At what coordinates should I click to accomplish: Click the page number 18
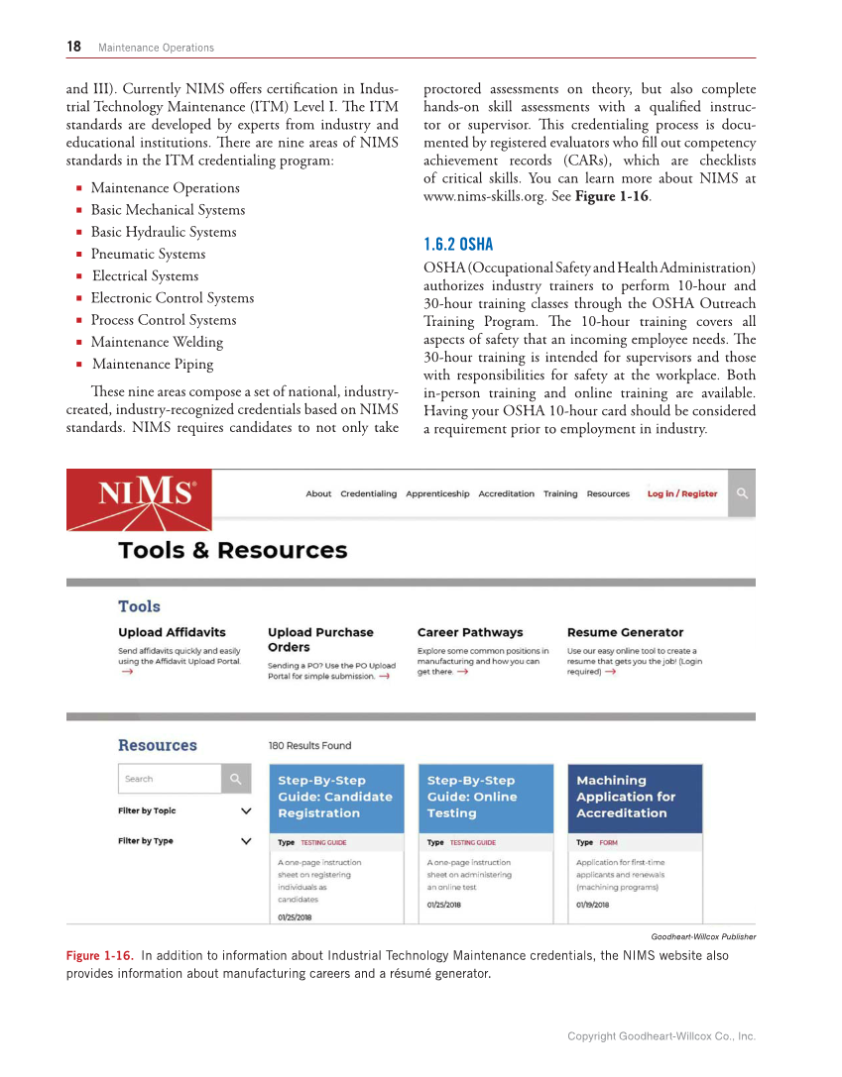tap(73, 47)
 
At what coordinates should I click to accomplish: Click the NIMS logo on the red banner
tap(146, 492)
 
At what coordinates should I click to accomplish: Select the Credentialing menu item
tap(368, 493)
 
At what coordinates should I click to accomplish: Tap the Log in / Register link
tap(681, 493)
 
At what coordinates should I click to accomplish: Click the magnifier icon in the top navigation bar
tap(741, 492)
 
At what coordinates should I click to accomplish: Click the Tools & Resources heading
tap(232, 550)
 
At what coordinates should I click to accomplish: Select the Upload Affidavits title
tap(172, 632)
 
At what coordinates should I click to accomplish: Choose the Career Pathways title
tap(469, 632)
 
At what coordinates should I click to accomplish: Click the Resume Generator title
tap(625, 632)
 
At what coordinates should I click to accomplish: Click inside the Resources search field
tap(168, 779)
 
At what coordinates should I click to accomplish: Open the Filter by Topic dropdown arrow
tap(246, 810)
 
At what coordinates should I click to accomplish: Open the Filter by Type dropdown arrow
tap(246, 841)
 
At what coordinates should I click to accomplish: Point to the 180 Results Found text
tap(309, 745)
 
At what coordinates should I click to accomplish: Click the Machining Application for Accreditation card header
tap(634, 797)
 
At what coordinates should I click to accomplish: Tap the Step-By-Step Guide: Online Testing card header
tap(485, 797)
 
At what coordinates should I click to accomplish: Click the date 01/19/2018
tap(592, 905)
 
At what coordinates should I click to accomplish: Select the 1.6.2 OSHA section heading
tap(457, 244)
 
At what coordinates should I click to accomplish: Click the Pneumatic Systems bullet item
tap(148, 254)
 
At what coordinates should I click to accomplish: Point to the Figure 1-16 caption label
tap(98, 956)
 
